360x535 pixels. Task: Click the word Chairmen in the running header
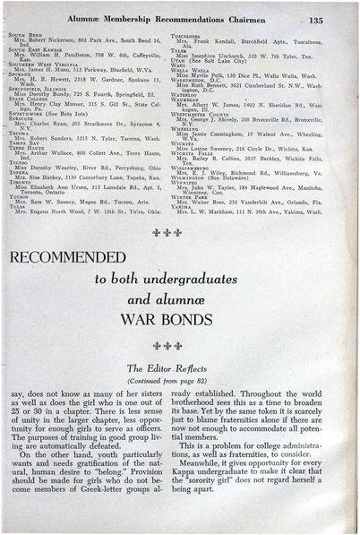pyautogui.click(x=259, y=19)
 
